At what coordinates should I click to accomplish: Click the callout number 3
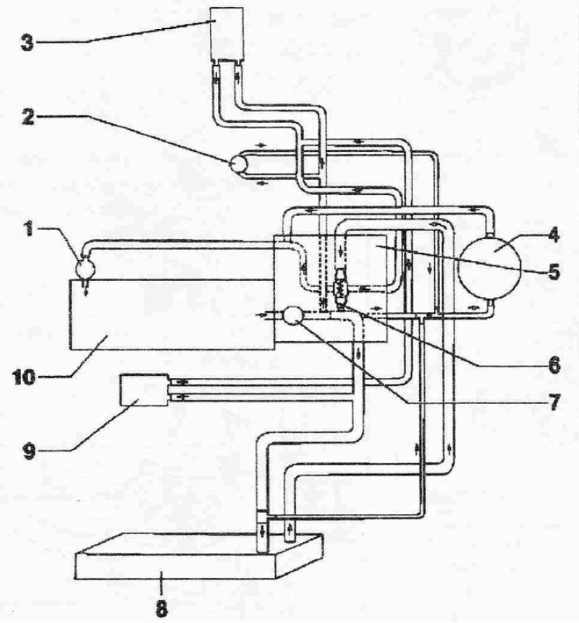click(x=27, y=43)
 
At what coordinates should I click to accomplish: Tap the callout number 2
click(x=28, y=116)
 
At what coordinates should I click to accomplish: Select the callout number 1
click(x=29, y=230)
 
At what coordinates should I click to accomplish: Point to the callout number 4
click(x=553, y=234)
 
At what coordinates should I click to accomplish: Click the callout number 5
click(x=554, y=272)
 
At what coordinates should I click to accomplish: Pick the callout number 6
click(x=554, y=365)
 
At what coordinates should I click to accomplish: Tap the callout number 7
click(x=554, y=403)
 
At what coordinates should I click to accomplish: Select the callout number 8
click(x=161, y=609)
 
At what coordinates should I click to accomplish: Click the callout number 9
click(x=29, y=452)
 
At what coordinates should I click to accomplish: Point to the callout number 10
click(x=24, y=377)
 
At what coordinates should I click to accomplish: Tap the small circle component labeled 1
click(x=86, y=269)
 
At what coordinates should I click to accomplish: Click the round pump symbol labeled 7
click(x=293, y=315)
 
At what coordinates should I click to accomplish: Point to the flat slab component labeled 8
click(x=199, y=557)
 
